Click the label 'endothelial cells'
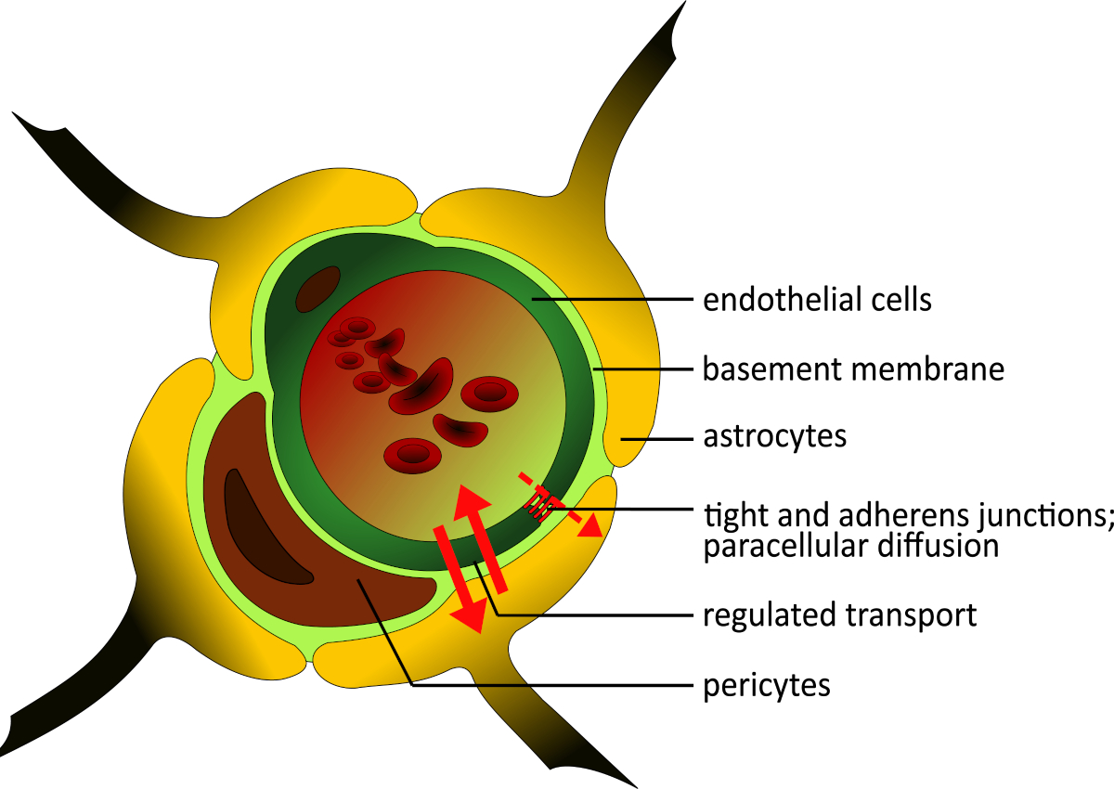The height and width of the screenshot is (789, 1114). (817, 300)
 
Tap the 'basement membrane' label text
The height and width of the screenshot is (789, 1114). (853, 369)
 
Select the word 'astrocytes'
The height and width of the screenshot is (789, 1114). (775, 436)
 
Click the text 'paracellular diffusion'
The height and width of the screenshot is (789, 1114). (851, 546)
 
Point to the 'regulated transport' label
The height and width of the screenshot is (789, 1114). (840, 615)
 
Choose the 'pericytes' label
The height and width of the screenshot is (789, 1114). (767, 686)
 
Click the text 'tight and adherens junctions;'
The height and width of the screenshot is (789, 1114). (908, 514)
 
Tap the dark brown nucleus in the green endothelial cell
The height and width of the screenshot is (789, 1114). (317, 289)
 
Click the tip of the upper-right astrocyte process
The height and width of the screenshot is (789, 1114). (686, 2)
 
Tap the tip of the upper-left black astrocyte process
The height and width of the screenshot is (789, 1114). (12, 112)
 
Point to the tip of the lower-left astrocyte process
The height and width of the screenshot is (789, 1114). (2, 756)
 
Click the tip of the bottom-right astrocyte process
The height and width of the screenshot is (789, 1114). (637, 787)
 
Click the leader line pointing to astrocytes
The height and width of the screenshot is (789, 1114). (656, 439)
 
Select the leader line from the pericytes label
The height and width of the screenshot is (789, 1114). (525, 632)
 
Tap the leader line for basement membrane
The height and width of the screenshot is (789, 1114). (643, 369)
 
